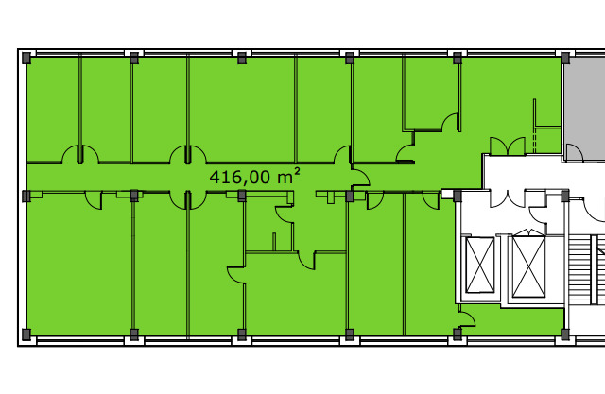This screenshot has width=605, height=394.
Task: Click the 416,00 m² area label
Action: tap(254, 177)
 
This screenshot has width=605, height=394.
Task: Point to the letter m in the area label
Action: tap(285, 179)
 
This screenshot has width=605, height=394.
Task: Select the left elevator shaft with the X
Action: tap(480, 266)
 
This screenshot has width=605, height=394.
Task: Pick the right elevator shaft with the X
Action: tap(528, 266)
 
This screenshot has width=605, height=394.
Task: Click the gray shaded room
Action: tap(584, 109)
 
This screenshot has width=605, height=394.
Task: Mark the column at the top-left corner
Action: tap(26, 59)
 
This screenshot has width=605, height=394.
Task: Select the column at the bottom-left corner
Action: tap(26, 334)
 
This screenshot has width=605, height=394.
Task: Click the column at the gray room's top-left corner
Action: tap(565, 59)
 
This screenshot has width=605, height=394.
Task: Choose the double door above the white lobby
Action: tap(508, 146)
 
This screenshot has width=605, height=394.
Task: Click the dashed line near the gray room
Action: tap(535, 141)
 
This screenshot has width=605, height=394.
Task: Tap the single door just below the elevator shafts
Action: tap(467, 316)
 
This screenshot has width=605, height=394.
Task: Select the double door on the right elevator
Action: tap(528, 232)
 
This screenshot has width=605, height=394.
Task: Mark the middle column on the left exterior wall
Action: tap(26, 196)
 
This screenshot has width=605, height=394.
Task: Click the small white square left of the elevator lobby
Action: tap(447, 194)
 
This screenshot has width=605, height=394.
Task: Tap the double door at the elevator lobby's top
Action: tap(508, 198)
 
